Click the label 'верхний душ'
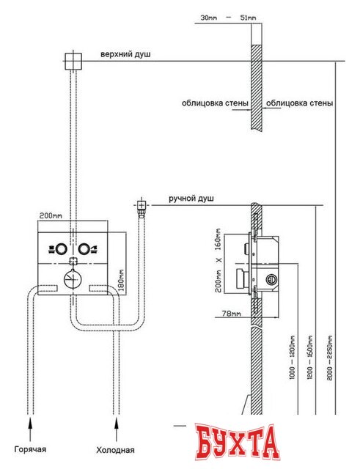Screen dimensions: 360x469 [x=125, y=55]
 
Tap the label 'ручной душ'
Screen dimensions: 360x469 [x=191, y=199]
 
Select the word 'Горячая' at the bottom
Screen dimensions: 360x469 [x=30, y=449]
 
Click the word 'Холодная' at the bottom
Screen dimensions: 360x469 [x=116, y=450]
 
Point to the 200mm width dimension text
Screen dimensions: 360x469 [x=51, y=215]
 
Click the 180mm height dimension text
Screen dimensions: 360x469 [x=122, y=281]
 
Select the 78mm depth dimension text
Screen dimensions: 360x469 [x=231, y=314]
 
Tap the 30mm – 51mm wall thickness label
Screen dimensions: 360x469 [x=228, y=18]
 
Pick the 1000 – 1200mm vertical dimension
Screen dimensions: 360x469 [x=293, y=358]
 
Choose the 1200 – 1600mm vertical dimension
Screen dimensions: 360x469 [x=310, y=358]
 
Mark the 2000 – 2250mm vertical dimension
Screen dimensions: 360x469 [x=330, y=358]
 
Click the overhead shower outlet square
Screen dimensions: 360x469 [x=73, y=61]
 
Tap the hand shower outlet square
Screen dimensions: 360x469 [x=141, y=205]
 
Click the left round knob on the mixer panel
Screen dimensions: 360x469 [x=61, y=249]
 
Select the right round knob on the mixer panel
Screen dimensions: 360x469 [x=84, y=249]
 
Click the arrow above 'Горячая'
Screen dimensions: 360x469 [x=30, y=430]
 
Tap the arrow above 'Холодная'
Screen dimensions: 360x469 [x=117, y=430]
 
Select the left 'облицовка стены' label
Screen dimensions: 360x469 [x=215, y=103]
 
